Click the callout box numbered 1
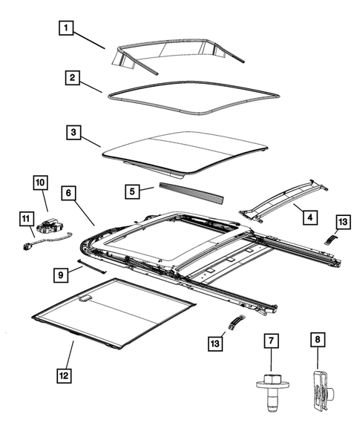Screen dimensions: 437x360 click(x=67, y=29)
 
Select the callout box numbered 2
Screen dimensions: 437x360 click(x=71, y=78)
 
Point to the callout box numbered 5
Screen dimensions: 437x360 click(x=131, y=191)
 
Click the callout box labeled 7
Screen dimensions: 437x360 click(x=272, y=341)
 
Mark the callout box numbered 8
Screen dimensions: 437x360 click(x=317, y=341)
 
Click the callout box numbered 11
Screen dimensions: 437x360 click(x=25, y=218)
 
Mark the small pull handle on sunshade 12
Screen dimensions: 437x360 click(x=85, y=298)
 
